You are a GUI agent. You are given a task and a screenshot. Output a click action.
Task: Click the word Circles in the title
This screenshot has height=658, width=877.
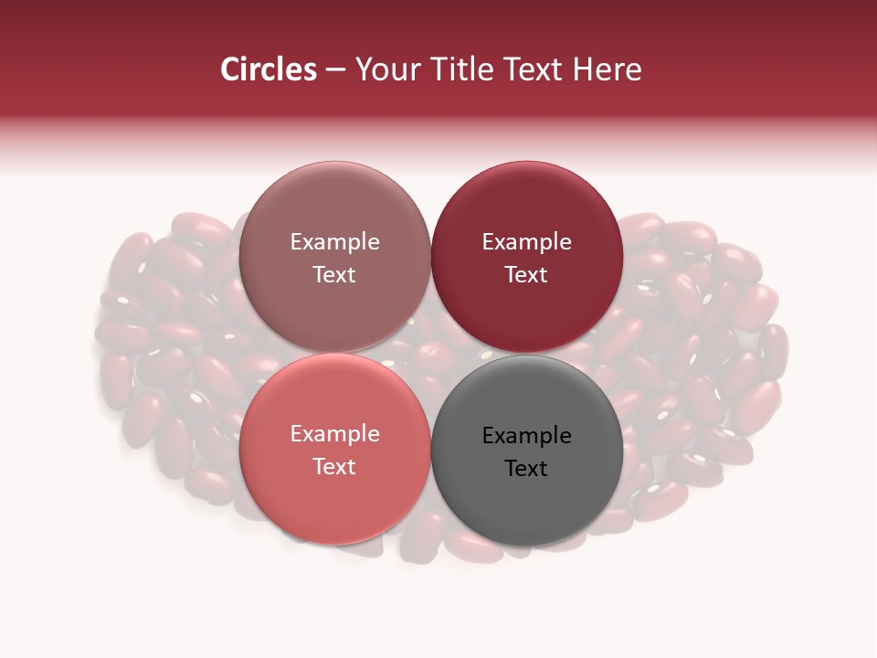pyautogui.click(x=268, y=69)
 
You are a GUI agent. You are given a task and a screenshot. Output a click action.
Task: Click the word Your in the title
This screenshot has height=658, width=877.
pyautogui.click(x=385, y=69)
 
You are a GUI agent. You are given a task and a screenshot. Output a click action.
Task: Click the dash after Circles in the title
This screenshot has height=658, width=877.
pyautogui.click(x=335, y=70)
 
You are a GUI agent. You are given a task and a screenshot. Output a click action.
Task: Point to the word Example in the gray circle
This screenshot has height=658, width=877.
pyautogui.click(x=526, y=436)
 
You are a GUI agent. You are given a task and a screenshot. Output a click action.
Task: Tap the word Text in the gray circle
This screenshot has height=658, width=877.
pyautogui.click(x=526, y=469)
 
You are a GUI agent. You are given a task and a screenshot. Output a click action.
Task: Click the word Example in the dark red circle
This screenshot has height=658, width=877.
pyautogui.click(x=526, y=242)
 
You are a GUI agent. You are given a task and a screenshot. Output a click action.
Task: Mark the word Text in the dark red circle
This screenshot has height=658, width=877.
pyautogui.click(x=526, y=275)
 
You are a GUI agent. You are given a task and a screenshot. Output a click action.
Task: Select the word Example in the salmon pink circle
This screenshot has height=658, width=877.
pyautogui.click(x=334, y=434)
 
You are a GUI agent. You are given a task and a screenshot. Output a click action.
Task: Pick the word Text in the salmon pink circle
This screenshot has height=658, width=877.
pyautogui.click(x=334, y=467)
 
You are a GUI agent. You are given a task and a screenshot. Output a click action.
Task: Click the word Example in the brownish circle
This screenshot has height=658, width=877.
pyautogui.click(x=334, y=242)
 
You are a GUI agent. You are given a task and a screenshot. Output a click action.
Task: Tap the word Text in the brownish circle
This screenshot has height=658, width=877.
pyautogui.click(x=334, y=275)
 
